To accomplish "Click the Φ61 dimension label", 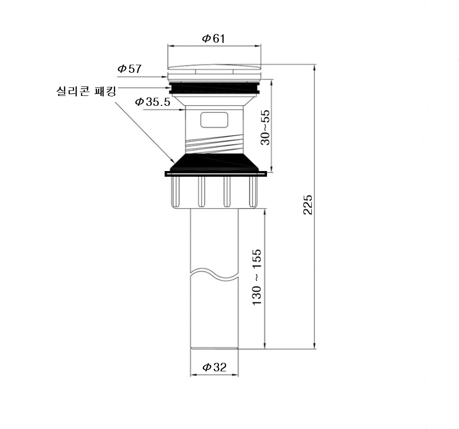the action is click(214, 38).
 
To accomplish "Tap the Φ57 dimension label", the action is click(129, 69).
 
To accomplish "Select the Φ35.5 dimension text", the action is click(152, 102).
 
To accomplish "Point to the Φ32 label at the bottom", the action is click(215, 367).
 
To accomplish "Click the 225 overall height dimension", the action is click(308, 205).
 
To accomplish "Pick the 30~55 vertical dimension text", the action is click(265, 127).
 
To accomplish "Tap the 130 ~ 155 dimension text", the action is click(257, 277).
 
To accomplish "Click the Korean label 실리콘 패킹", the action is click(86, 91).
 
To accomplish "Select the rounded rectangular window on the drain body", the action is click(214, 120).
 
